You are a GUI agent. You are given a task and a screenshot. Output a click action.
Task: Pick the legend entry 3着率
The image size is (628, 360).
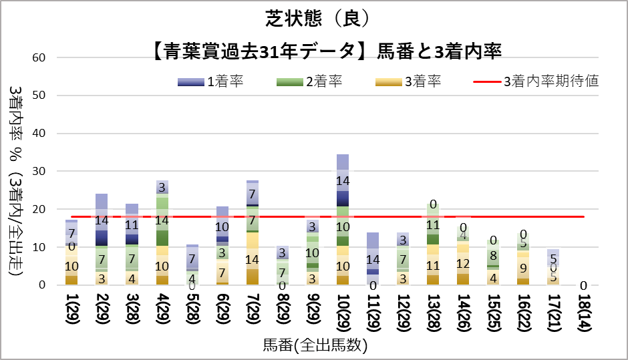408,82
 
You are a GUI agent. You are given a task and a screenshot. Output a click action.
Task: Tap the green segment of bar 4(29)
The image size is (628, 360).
162,220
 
